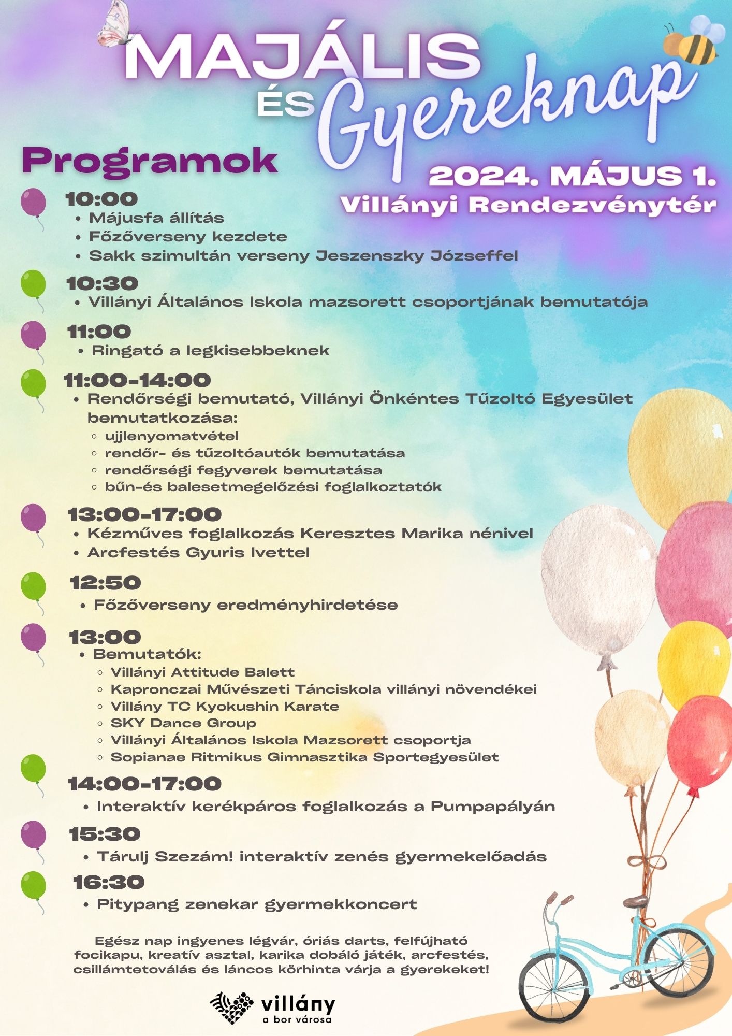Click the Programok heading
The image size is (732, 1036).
click(150, 161)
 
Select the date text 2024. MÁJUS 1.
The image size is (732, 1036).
click(573, 177)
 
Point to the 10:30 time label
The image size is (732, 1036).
click(103, 284)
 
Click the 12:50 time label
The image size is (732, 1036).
click(106, 583)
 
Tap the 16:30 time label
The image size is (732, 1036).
click(109, 882)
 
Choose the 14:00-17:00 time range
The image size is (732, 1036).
click(144, 784)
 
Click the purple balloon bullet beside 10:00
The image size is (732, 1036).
click(33, 203)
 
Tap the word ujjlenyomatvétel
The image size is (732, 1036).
click(171, 436)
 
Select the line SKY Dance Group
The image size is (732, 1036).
click(183, 723)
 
